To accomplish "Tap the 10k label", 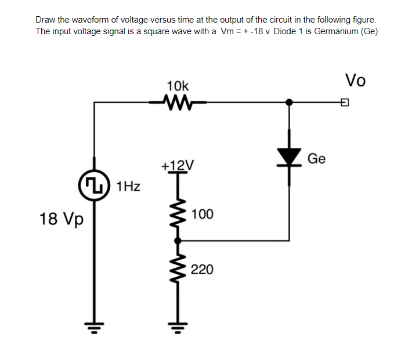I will tap(177, 85).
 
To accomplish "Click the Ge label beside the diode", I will tap(316, 158).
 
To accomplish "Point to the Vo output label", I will tap(355, 80).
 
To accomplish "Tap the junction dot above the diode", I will tap(290, 103).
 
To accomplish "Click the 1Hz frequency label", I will tap(128, 187).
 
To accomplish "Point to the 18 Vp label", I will tap(61, 219).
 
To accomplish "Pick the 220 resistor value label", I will tap(202, 270).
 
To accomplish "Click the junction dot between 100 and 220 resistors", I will tap(178, 240).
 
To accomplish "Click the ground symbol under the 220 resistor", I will tap(178, 334).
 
